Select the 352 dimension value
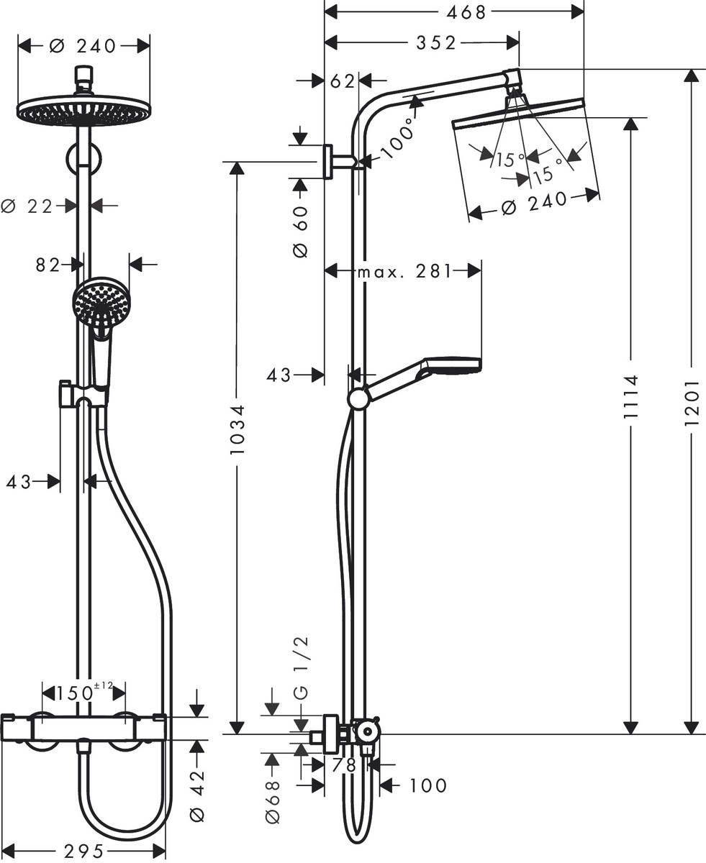click(435, 43)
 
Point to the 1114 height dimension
click(631, 401)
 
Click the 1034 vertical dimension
click(237, 429)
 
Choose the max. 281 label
click(404, 271)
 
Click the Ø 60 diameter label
click(299, 231)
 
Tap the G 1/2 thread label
click(300, 668)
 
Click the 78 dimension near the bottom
click(344, 765)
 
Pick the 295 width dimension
click(84, 851)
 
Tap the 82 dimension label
click(48, 265)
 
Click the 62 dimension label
click(343, 81)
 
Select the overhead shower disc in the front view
click(84, 112)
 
